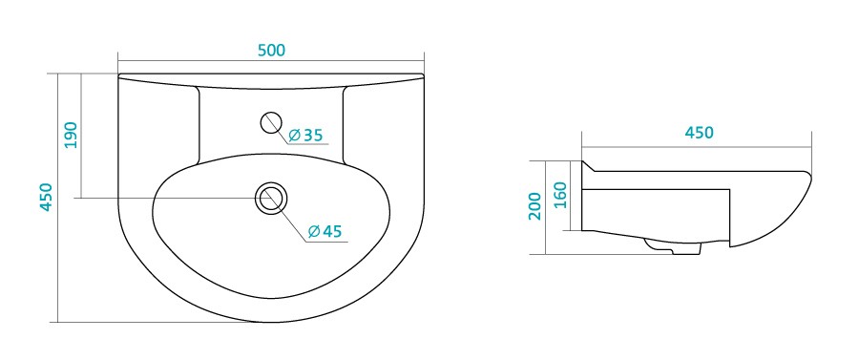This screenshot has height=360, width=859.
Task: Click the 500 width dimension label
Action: tap(272, 50)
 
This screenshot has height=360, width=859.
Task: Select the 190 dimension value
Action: tap(72, 135)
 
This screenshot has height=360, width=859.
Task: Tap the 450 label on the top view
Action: tap(46, 197)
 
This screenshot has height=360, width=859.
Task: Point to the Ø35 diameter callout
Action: tap(305, 135)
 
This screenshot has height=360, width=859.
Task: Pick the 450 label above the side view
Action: tap(699, 133)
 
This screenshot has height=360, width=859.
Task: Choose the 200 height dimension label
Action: tap(535, 206)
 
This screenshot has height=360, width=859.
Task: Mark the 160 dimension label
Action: tap(560, 195)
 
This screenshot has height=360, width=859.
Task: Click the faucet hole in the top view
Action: tap(271, 123)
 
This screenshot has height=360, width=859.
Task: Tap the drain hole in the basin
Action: tap(270, 198)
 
